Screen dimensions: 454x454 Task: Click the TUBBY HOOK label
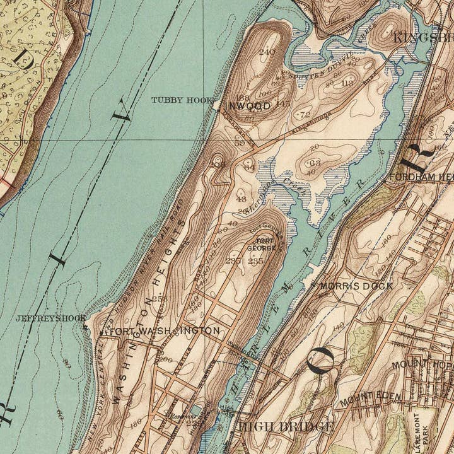click(182, 100)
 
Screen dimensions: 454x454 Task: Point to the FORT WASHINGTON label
click(165, 330)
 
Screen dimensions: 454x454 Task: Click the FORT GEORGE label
click(265, 244)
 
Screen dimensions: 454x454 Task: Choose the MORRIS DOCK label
click(356, 286)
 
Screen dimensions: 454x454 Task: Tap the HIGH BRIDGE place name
click(286, 428)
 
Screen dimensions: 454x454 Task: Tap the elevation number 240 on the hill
click(267, 52)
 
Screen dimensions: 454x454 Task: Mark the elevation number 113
click(346, 83)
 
